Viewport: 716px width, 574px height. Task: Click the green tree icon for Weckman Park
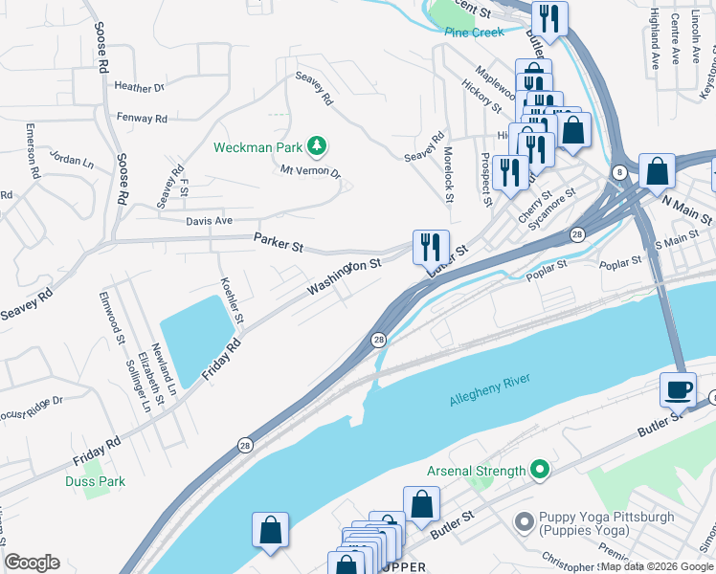click(318, 146)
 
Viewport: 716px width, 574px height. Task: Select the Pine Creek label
click(474, 32)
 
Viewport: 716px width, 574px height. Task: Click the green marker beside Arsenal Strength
click(540, 470)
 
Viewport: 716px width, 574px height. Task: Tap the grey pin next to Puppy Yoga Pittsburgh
click(524, 522)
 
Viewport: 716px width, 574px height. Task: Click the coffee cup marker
click(678, 389)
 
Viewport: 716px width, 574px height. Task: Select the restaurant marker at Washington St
click(431, 247)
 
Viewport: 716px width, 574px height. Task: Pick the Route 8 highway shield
click(620, 172)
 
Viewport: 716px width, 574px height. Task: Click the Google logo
click(32, 563)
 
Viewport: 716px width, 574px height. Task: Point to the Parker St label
click(279, 242)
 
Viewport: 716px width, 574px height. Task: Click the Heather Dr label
click(140, 87)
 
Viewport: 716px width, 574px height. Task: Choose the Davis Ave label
click(210, 220)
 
